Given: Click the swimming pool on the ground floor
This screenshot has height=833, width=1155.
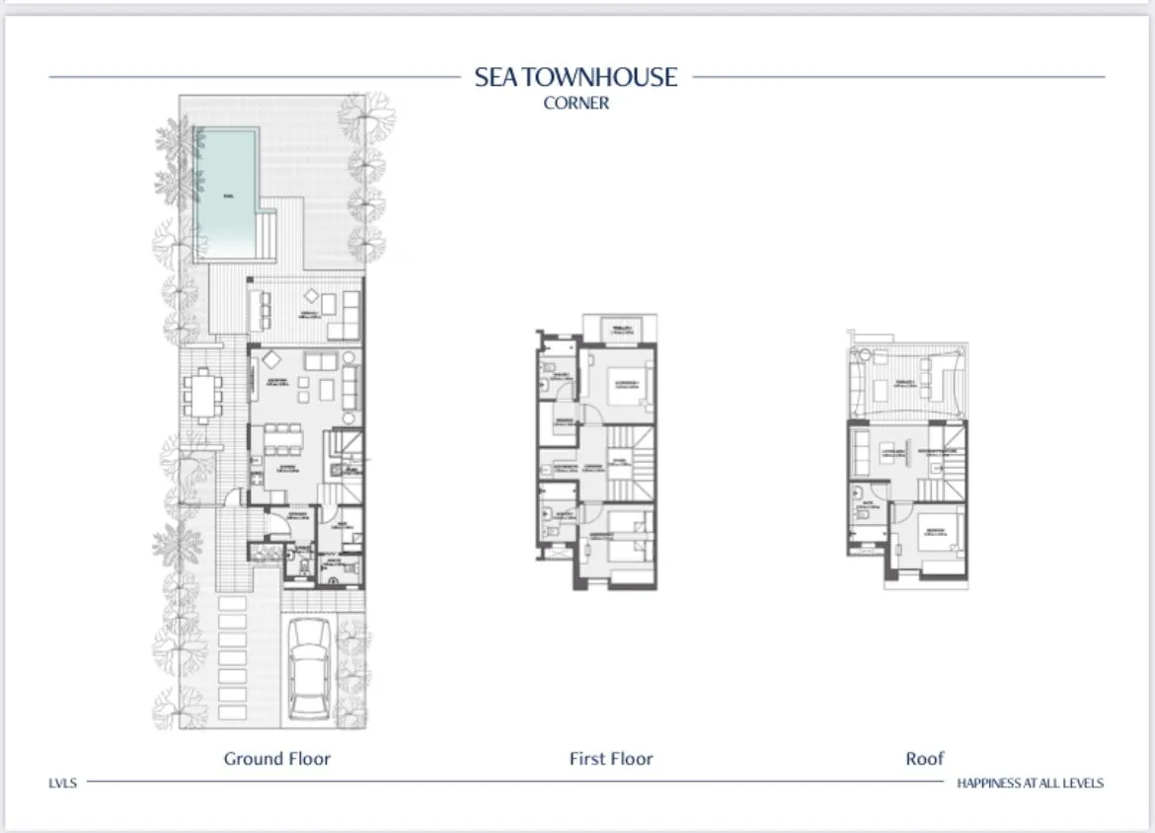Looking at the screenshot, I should (227, 192).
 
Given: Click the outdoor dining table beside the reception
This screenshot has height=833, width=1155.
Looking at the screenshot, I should (203, 395).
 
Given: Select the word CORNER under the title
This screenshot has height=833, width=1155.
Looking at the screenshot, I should (577, 103).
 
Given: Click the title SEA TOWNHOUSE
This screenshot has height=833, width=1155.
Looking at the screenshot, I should (577, 77).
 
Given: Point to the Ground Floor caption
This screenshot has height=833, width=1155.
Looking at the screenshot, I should (276, 758).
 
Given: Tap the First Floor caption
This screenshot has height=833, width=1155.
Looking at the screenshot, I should (611, 758).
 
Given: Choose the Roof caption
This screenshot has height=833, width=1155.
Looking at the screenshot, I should (925, 758).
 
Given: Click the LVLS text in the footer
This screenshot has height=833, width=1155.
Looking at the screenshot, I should (62, 783).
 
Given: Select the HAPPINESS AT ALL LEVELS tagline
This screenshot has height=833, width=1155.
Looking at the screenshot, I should (1030, 783).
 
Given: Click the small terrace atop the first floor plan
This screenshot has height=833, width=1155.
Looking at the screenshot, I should (620, 329).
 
